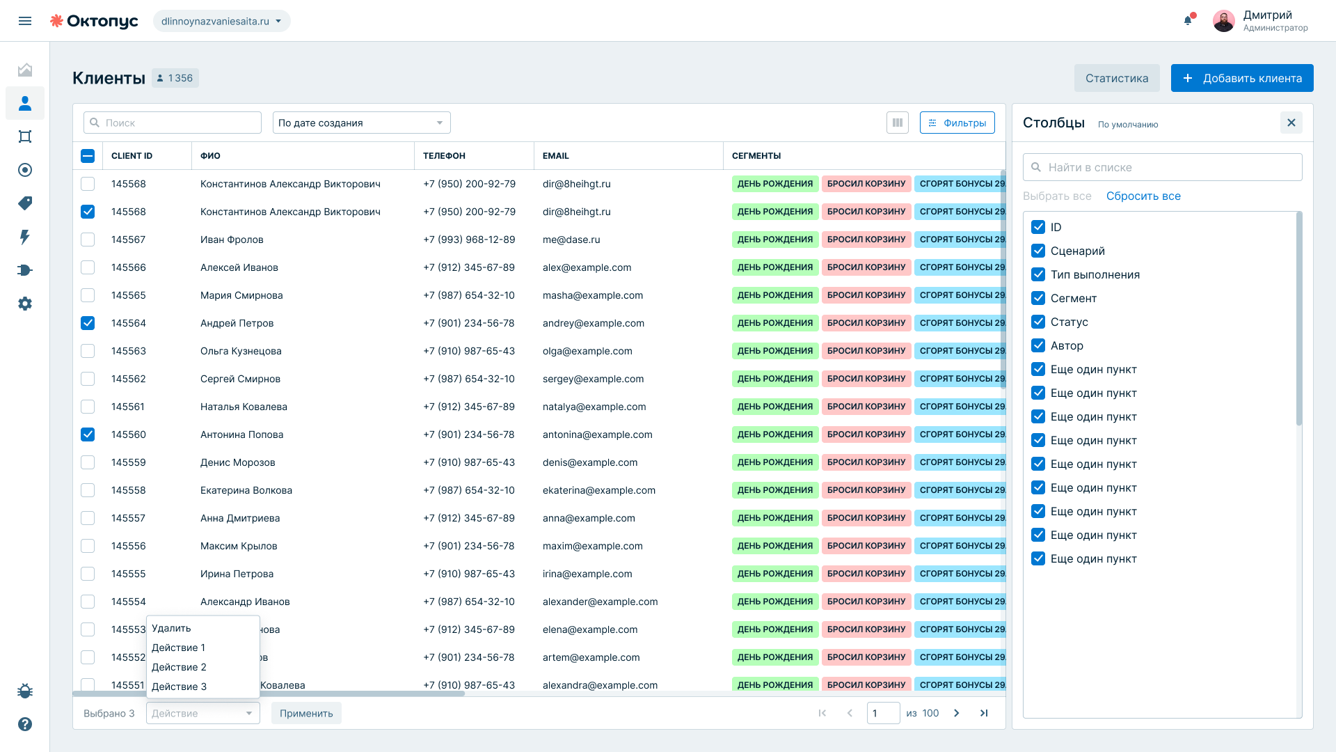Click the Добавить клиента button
1242,78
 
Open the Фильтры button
957,123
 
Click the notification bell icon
1188,20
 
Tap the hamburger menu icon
25,21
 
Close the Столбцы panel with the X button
1291,123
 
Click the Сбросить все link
1143,196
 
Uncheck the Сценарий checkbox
1038,251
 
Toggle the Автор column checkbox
1038,345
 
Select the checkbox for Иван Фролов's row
88,240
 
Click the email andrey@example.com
594,323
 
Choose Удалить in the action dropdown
171,628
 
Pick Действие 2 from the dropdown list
179,667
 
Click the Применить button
306,713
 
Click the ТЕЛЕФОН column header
444,156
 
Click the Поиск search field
173,123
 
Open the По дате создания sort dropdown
362,123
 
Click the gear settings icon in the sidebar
25,304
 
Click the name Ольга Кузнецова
241,351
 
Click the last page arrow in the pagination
984,713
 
